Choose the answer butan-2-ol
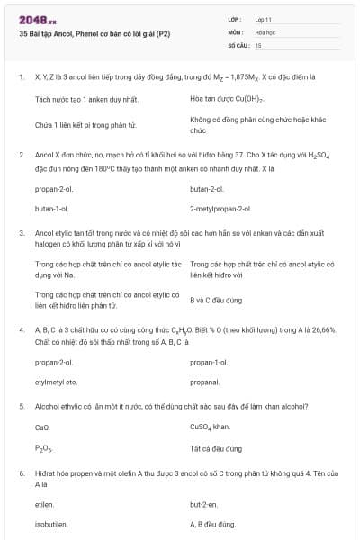pyautogui.click(x=207, y=189)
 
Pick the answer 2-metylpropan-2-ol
pyautogui.click(x=220, y=208)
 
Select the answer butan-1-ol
pyautogui.click(x=52, y=208)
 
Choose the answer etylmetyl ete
pyautogui.click(x=54, y=382)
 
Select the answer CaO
pyautogui.click(x=42, y=427)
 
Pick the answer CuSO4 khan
pyautogui.click(x=211, y=427)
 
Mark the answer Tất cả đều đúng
pyautogui.click(x=216, y=447)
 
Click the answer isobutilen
pyautogui.click(x=51, y=524)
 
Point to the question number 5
pyautogui.click(x=21, y=407)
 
